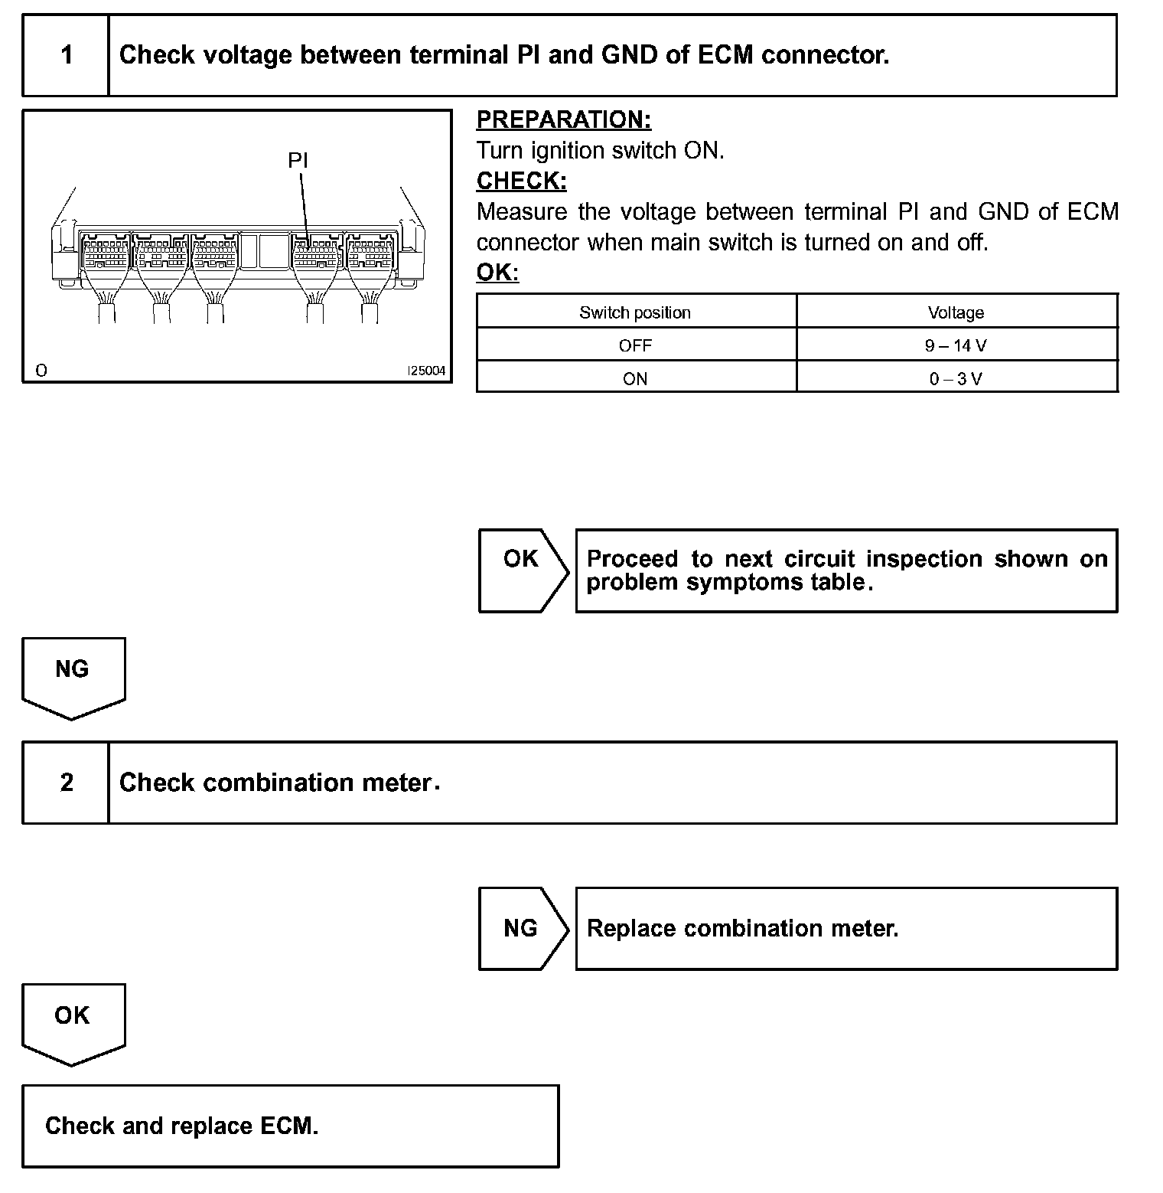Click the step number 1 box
coord(67,55)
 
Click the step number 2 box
coord(67,783)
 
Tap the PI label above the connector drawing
coord(298,160)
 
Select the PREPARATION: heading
coord(564,119)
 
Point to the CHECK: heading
coord(522,181)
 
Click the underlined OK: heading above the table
coord(497,273)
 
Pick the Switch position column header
coord(635,312)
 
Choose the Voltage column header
coord(956,312)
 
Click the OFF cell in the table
coord(635,345)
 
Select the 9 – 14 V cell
coord(956,345)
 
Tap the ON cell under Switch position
coord(635,378)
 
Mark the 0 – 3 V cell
coord(956,378)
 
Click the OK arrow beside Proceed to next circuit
coord(523,570)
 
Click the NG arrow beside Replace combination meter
coord(523,928)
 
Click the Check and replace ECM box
coord(290,1126)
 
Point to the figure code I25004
coord(426,371)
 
